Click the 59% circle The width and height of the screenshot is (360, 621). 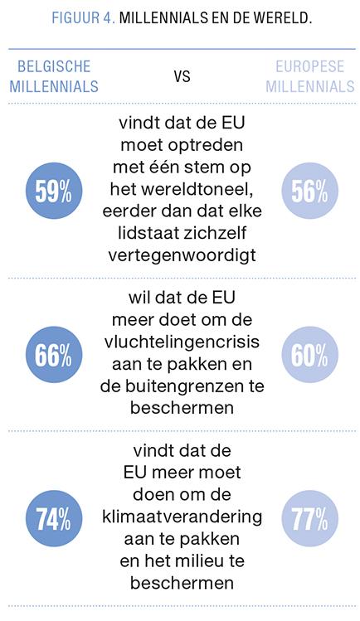click(54, 191)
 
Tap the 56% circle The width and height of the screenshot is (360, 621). click(309, 191)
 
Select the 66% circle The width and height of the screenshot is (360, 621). click(54, 355)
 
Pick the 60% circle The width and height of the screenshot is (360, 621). click(309, 355)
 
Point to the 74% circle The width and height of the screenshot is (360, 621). click(54, 518)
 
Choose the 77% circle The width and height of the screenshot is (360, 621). click(309, 518)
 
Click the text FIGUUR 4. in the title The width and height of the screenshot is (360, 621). click(83, 18)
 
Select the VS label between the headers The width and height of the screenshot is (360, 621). click(182, 76)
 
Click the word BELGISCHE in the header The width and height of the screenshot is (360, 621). click(54, 66)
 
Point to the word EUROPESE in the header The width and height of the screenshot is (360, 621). click(309, 66)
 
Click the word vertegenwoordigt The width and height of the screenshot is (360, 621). click(182, 255)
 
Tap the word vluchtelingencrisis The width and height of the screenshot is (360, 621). click(182, 342)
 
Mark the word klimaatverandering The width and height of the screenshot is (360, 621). click(182, 517)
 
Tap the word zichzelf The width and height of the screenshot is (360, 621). click(215, 233)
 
